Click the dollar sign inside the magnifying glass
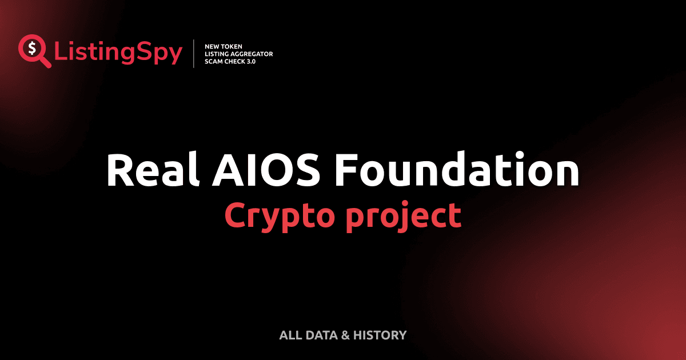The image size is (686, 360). coord(32,47)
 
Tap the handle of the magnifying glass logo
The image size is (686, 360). coord(45,62)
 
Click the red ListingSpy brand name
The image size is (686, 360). coord(118,53)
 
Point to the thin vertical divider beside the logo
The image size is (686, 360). coord(194,53)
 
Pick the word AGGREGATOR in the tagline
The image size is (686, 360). coord(252,54)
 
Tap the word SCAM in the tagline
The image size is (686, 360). coord(214,61)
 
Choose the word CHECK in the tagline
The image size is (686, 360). coord(236,61)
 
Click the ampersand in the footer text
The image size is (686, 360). coord(345,335)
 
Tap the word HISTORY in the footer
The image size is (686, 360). coord(380,335)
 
